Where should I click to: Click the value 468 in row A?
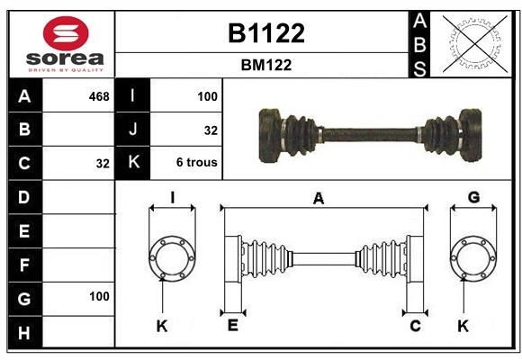(x=99, y=96)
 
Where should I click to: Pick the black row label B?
(x=24, y=130)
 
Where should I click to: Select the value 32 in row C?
(x=103, y=164)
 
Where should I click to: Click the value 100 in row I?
(x=207, y=96)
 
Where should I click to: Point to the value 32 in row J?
(x=211, y=130)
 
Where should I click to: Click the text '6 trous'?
(x=196, y=164)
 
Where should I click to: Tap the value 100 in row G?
(x=99, y=296)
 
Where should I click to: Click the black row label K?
(x=133, y=164)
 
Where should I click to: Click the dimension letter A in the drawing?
(x=318, y=200)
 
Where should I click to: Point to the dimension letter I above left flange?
(x=171, y=198)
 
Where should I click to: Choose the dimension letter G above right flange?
(x=473, y=198)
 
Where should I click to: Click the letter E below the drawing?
(x=232, y=325)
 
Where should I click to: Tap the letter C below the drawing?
(x=415, y=325)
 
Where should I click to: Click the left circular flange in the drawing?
(x=171, y=257)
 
